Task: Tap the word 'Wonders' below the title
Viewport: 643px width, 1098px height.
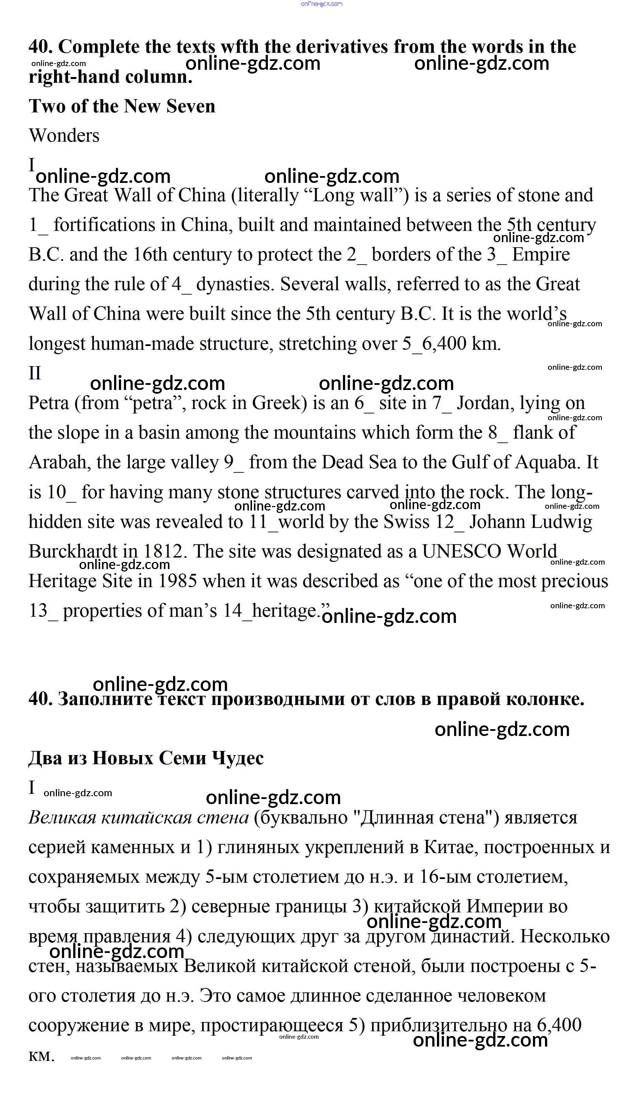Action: (64, 136)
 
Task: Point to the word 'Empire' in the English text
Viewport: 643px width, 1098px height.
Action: (540, 254)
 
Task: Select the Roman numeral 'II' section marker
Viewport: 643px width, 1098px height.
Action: (35, 373)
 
